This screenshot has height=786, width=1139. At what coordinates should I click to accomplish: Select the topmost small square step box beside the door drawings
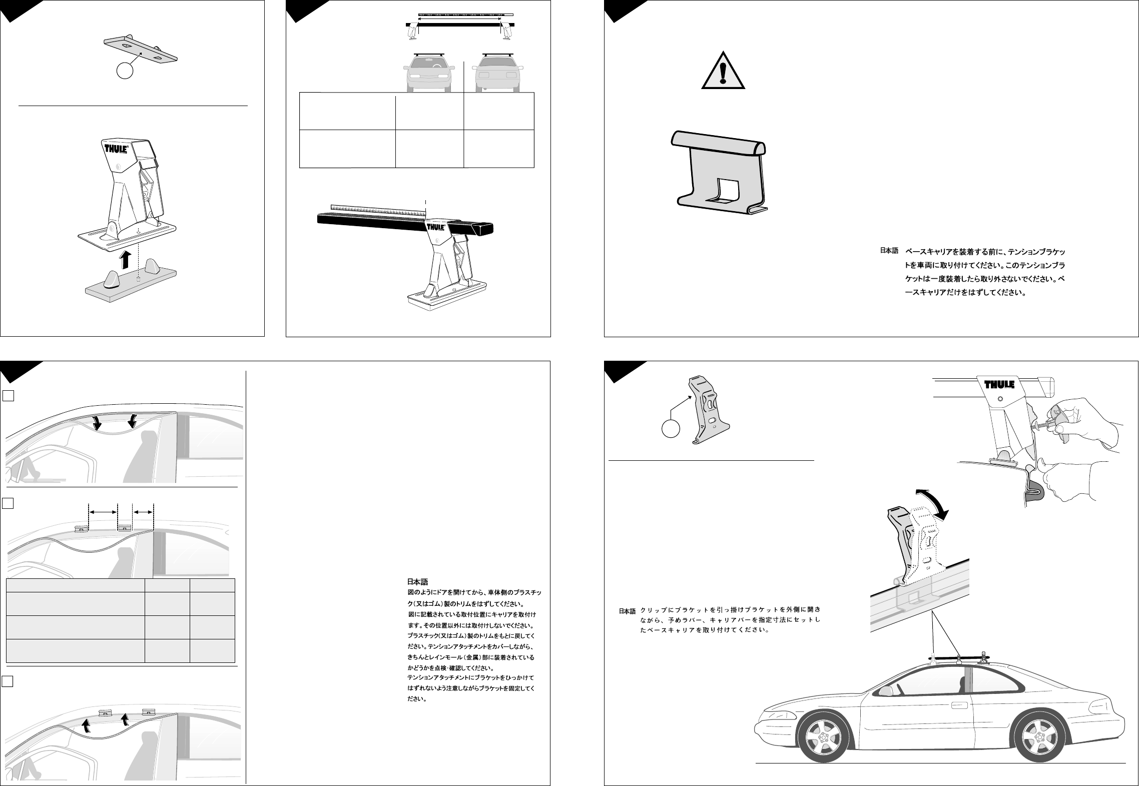8,396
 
